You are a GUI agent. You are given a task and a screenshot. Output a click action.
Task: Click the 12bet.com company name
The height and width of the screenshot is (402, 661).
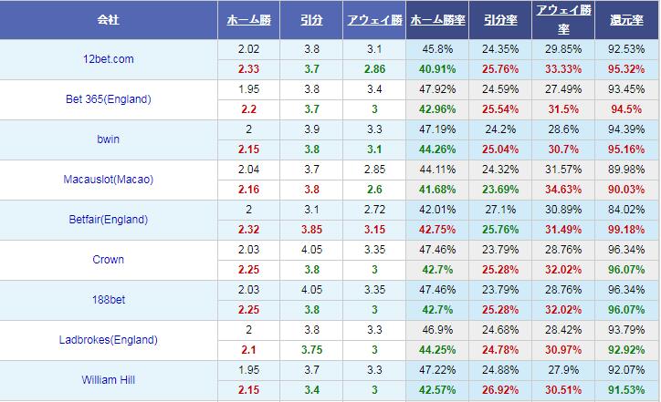pyautogui.click(x=108, y=59)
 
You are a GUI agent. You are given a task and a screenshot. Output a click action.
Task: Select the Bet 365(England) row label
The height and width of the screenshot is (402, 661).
pyautogui.click(x=108, y=99)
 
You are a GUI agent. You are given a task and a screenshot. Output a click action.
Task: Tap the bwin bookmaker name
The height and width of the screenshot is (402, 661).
pyautogui.click(x=108, y=139)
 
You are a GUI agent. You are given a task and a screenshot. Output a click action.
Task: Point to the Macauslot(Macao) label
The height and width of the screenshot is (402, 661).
pyautogui.click(x=108, y=180)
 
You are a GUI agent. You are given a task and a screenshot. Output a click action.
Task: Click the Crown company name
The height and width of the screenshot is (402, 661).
pyautogui.click(x=108, y=260)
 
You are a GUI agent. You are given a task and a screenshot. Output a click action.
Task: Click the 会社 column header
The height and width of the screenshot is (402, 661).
pyautogui.click(x=108, y=19)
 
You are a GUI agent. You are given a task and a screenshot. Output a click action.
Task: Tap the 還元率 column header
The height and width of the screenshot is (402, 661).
pyautogui.click(x=627, y=19)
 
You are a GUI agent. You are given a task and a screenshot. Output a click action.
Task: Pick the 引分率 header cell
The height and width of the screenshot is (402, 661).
pyautogui.click(x=499, y=19)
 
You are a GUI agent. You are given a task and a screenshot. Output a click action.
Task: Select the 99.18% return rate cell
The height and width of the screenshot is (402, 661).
pyautogui.click(x=627, y=229)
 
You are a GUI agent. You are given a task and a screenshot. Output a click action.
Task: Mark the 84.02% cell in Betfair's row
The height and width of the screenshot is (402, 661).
pyautogui.click(x=627, y=210)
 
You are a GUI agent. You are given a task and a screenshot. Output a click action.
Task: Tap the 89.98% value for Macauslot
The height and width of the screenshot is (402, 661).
pyautogui.click(x=627, y=170)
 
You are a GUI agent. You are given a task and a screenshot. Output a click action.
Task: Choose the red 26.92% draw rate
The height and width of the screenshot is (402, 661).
pyautogui.click(x=499, y=389)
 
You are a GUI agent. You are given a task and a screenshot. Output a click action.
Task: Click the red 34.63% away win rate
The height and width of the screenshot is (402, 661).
pyautogui.click(x=562, y=189)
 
